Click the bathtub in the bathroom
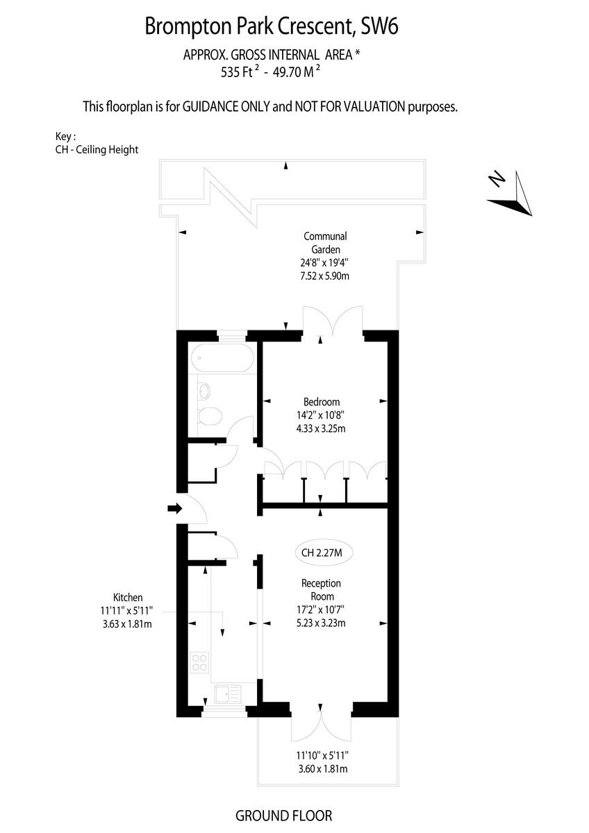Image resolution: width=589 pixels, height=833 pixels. [x=222, y=358]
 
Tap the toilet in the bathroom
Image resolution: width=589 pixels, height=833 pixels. [x=209, y=416]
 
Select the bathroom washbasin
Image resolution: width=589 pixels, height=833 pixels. [x=204, y=391]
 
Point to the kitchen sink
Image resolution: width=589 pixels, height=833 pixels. [x=227, y=693]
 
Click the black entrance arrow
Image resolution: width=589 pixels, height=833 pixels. [x=174, y=509]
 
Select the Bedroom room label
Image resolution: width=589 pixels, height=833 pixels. [x=322, y=402]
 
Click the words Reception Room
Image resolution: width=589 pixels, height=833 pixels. [x=321, y=589]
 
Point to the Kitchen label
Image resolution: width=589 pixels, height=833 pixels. [x=128, y=597]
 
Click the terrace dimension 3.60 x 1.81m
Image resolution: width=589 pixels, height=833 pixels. [x=321, y=768]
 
